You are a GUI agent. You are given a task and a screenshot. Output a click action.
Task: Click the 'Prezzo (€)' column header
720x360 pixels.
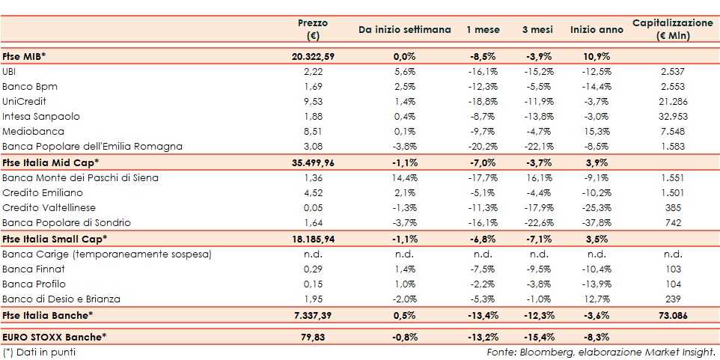click(x=313, y=29)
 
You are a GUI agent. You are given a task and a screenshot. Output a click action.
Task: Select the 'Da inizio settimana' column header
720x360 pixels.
click(x=404, y=30)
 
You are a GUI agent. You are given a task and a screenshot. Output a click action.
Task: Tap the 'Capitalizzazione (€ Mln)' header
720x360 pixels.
click(x=673, y=29)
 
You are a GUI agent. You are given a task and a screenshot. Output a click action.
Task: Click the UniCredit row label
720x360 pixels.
click(x=25, y=101)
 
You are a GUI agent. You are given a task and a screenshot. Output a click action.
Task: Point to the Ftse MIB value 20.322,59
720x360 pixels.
click(x=312, y=56)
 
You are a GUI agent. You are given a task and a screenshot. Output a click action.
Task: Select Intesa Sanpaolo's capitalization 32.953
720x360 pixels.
click(x=671, y=116)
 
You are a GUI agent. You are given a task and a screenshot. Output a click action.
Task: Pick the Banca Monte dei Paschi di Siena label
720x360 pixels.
click(x=80, y=177)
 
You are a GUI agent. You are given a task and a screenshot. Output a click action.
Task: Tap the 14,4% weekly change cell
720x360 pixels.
click(x=404, y=177)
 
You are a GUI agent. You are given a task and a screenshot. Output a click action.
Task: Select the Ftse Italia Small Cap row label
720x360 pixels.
click(x=55, y=239)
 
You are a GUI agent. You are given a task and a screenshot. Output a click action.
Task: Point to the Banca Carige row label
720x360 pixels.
click(x=106, y=254)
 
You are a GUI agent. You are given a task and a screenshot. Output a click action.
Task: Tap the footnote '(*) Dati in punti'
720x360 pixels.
click(x=39, y=351)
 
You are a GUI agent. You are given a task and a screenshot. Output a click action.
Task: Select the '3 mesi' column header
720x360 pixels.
click(x=537, y=30)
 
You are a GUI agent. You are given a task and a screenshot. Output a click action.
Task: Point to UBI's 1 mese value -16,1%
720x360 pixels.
click(x=483, y=71)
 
